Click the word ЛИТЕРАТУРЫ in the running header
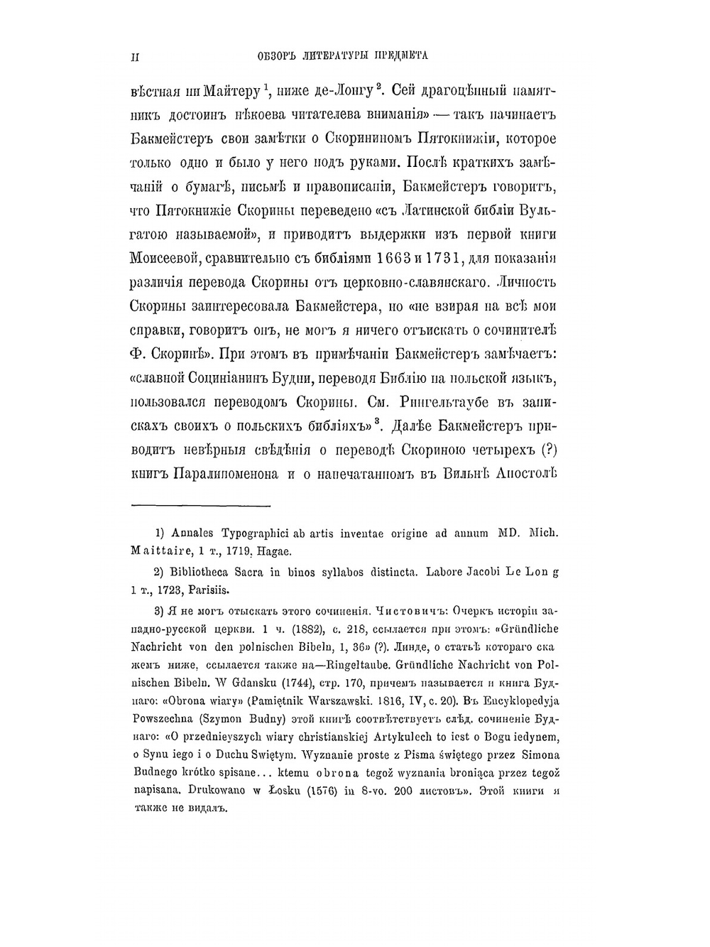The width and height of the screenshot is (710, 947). [333, 55]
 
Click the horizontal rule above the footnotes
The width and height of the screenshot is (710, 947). [202, 507]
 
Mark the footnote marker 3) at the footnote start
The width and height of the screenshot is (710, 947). [160, 610]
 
